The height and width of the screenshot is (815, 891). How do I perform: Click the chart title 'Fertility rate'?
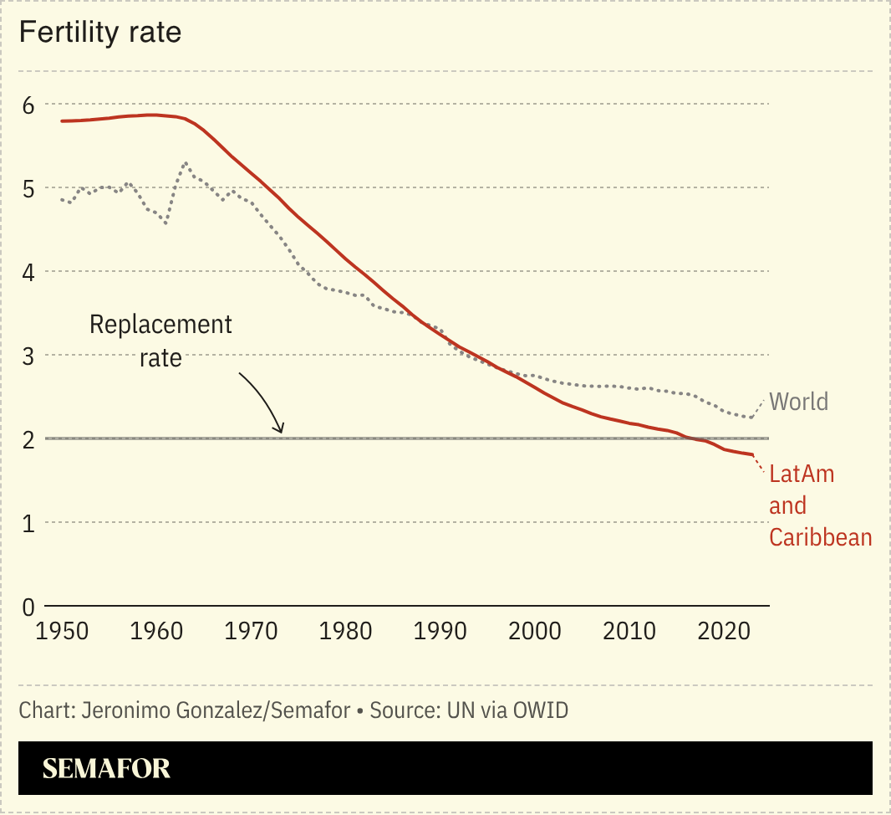tap(100, 33)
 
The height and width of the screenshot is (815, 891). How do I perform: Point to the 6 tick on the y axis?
tap(28, 105)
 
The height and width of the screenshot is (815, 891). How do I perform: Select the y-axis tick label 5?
tap(28, 188)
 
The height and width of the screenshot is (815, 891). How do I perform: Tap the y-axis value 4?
tap(28, 272)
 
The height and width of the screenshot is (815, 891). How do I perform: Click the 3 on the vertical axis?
tap(28, 356)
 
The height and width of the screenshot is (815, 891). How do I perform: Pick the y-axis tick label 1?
tap(28, 523)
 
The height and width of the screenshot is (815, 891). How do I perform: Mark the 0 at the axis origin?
tap(28, 607)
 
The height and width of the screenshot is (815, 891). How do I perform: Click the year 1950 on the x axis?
tap(62, 631)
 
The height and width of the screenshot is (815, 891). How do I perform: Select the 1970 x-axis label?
tap(252, 631)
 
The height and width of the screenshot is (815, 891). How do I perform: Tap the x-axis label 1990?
tap(441, 631)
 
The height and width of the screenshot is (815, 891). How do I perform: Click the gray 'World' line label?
tap(798, 402)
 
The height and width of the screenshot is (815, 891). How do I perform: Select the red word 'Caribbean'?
tap(820, 537)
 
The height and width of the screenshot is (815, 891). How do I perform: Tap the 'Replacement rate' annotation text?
tap(160, 341)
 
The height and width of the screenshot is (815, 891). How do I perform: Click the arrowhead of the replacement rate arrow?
tap(281, 430)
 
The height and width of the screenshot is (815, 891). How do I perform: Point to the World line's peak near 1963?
tap(185, 162)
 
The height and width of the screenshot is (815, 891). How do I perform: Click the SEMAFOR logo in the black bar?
tap(106, 768)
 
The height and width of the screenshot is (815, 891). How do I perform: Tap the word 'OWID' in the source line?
tap(541, 711)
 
